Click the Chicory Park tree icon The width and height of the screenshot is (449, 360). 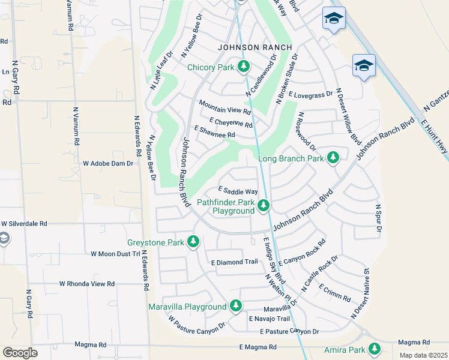tap(244, 67)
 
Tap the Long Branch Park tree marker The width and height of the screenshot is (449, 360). tap(333, 158)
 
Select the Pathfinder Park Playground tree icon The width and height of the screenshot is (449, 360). tap(263, 206)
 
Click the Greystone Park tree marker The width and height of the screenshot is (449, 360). tap(193, 242)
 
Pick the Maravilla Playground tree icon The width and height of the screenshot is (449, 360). tap(236, 306)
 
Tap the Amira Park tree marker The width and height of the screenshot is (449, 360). tap(375, 349)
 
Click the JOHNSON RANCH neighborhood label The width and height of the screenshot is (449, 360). tap(255, 47)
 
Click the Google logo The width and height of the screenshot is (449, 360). tap(20, 353)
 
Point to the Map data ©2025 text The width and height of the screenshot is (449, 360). tap(423, 355)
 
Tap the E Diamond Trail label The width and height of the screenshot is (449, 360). tap(234, 262)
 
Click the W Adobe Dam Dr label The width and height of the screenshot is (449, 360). tap(107, 163)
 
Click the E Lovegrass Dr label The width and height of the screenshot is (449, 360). tap(310, 94)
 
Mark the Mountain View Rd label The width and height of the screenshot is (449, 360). tap(224, 110)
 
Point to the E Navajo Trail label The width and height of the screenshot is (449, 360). tap(270, 319)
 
